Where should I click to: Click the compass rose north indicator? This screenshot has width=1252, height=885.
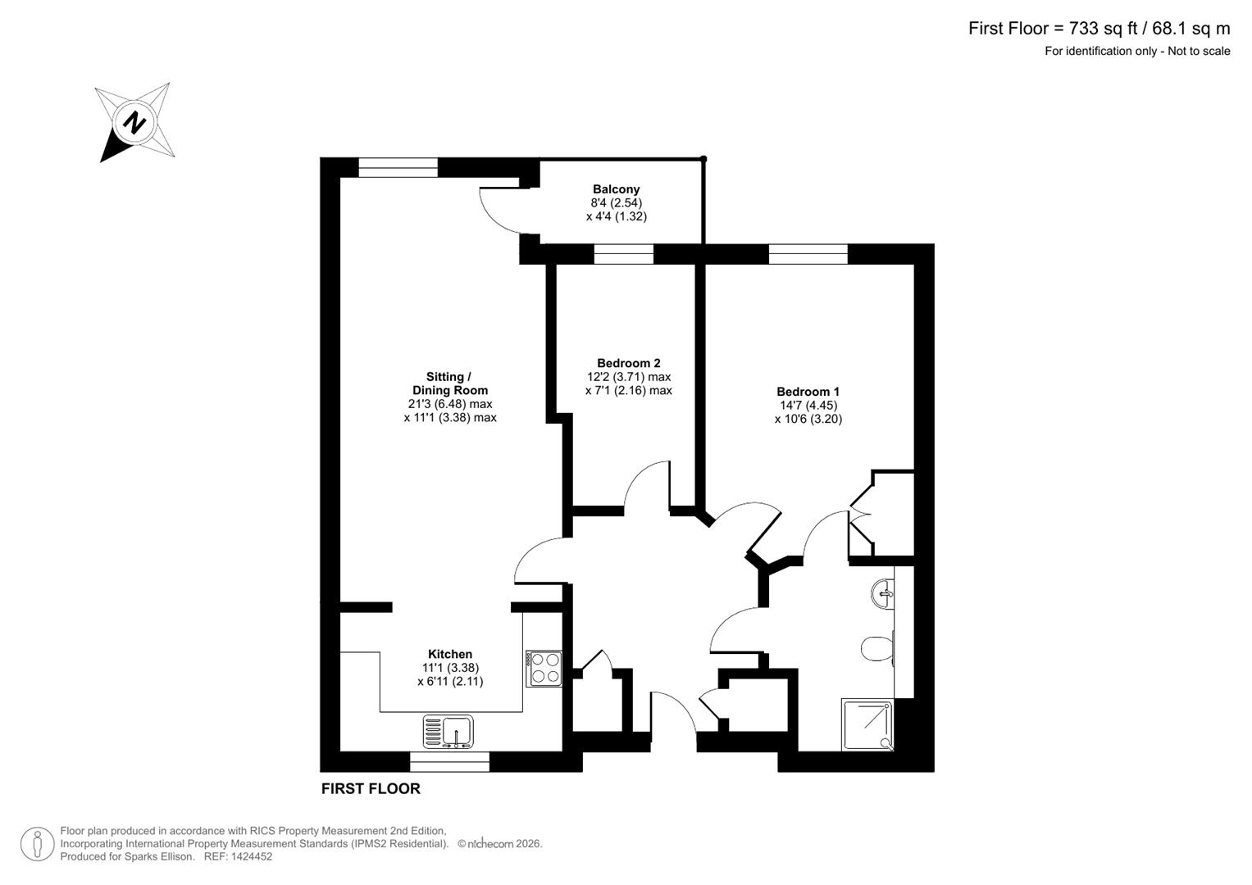[134, 123]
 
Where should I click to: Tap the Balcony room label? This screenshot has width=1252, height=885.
[616, 189]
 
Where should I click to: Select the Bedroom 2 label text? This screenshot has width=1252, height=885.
[628, 363]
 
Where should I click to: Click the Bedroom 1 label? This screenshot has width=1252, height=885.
[808, 392]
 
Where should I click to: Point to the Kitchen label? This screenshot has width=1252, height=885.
[450, 654]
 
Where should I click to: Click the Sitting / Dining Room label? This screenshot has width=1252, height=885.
[449, 383]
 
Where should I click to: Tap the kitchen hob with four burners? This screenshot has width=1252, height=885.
[544, 668]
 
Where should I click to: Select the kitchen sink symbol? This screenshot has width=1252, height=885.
[448, 731]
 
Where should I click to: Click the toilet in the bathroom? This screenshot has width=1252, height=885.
[876, 649]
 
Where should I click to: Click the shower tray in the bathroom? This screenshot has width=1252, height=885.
[867, 724]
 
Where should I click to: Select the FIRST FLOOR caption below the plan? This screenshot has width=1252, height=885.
[371, 788]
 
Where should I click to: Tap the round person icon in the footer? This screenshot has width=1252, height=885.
[38, 844]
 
